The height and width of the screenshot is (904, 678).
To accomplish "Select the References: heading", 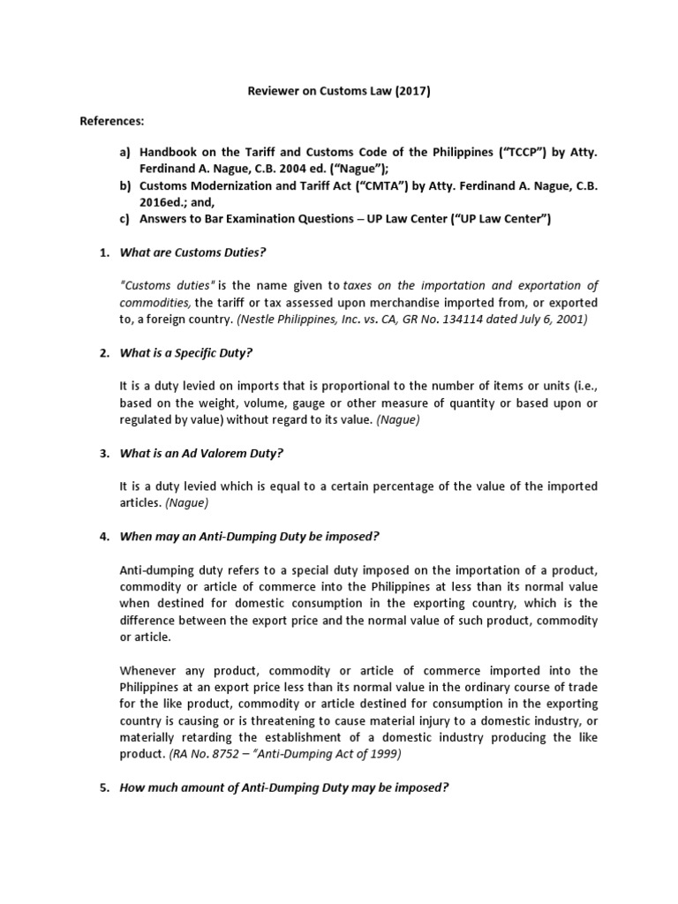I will pyautogui.click(x=113, y=120).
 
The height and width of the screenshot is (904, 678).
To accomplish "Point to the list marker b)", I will pyautogui.click(x=125, y=186).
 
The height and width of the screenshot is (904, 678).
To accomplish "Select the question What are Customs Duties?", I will pyautogui.click(x=192, y=252).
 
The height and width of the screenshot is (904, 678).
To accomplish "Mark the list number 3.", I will pyautogui.click(x=103, y=454).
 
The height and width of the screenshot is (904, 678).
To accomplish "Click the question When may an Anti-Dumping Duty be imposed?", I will pyautogui.click(x=249, y=537).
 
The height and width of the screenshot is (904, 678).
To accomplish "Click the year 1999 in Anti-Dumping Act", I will pyautogui.click(x=387, y=754).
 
